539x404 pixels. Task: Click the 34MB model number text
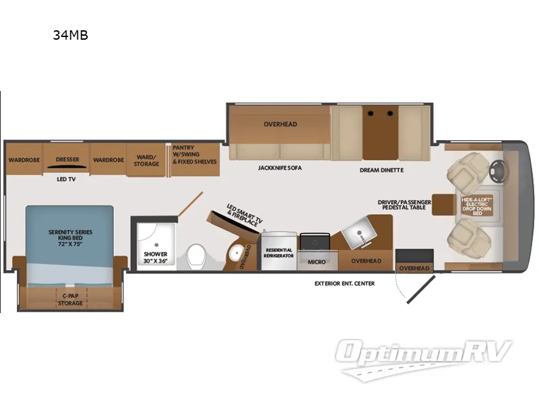70,36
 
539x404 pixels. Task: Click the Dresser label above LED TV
67,160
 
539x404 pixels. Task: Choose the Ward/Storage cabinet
146,160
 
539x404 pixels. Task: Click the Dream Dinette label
381,170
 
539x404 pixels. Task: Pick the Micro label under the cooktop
317,261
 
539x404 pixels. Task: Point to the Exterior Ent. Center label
344,283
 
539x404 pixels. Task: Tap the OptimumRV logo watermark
424,354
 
